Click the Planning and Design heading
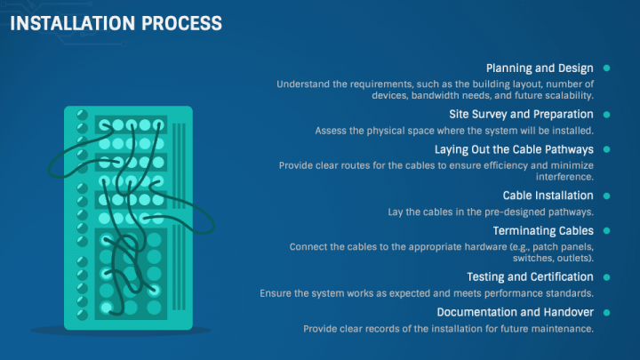click(540, 68)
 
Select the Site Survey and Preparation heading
click(522, 114)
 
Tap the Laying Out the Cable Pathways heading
click(514, 149)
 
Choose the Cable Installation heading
click(548, 195)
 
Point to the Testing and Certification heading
click(530, 276)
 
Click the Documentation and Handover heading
click(515, 312)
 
